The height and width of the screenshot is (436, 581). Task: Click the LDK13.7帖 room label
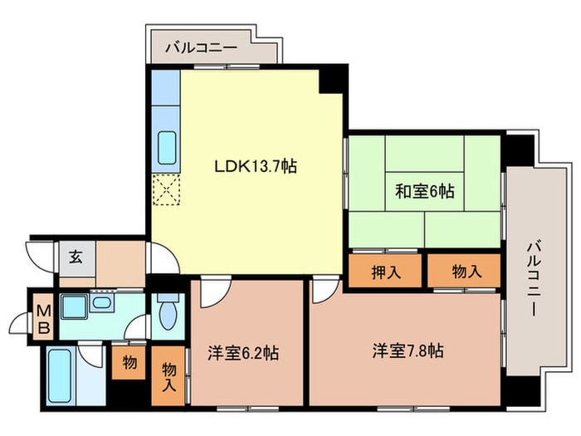click(256, 166)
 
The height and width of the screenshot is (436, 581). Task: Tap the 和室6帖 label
click(425, 191)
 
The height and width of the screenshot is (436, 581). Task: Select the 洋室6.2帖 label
click(243, 353)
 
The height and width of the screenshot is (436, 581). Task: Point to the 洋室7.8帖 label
click(408, 350)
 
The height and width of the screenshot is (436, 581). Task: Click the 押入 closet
click(385, 271)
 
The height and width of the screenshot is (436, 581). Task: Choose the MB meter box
click(44, 316)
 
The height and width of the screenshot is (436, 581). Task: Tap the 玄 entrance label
click(76, 257)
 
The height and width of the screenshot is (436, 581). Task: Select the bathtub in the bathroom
click(59, 376)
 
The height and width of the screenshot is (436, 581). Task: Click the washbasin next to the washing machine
click(101, 302)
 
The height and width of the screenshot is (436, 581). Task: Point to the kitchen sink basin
click(167, 148)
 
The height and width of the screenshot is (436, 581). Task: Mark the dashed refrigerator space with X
click(166, 189)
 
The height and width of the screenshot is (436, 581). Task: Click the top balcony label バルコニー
click(201, 48)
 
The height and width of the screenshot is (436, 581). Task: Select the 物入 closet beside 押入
click(464, 271)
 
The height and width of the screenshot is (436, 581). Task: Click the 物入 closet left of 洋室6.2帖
click(168, 376)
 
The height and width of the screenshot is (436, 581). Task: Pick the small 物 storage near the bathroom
click(129, 363)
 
